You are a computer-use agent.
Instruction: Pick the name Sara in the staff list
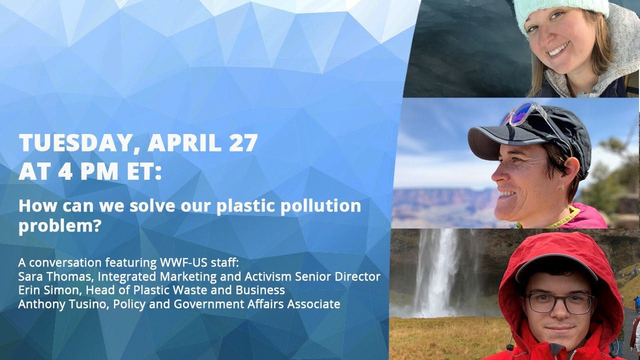point(31,276)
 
